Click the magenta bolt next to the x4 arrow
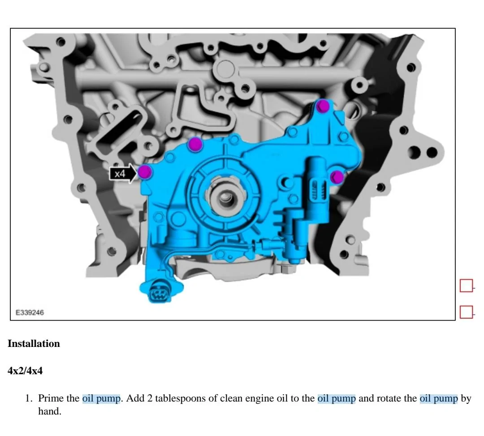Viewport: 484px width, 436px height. click(x=145, y=171)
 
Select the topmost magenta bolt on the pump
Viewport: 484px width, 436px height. click(x=323, y=106)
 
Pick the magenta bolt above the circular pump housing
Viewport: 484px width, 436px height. click(x=195, y=144)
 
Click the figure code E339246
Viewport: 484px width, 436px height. click(x=30, y=312)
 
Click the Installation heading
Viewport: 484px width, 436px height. click(x=34, y=344)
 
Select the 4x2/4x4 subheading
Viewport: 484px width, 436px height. click(x=25, y=371)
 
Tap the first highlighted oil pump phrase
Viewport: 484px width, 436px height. click(x=101, y=398)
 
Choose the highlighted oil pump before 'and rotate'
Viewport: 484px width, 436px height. click(x=337, y=398)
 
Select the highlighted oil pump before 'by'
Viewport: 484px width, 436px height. click(x=439, y=398)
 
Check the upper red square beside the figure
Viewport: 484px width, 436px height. click(x=467, y=286)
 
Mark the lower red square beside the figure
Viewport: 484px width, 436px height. click(x=467, y=312)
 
